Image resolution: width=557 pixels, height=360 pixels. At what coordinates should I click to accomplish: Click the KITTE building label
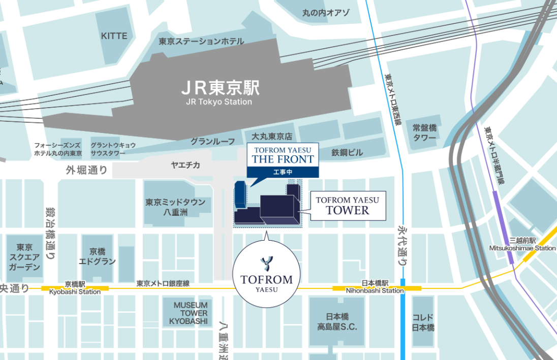coord(114,36)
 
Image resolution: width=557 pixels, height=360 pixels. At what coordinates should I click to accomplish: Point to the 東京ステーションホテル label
coord(201,42)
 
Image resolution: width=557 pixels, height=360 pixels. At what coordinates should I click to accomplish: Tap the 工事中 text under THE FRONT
coord(283,171)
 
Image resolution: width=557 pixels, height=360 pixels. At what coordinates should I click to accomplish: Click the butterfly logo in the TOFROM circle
coord(266,263)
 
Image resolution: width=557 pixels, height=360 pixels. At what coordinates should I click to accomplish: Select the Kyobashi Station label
coord(75,292)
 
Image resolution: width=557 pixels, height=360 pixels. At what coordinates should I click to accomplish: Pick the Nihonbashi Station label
coord(375,290)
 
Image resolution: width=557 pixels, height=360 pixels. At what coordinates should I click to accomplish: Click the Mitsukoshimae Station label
coord(522,248)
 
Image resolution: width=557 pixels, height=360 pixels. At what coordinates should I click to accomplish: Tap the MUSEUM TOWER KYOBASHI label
coord(191,313)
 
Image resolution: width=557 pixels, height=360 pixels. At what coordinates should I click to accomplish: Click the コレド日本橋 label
coord(423,322)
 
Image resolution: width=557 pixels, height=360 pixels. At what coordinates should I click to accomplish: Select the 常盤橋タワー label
coord(424,133)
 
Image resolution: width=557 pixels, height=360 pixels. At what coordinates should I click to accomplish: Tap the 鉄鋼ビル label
coord(348,152)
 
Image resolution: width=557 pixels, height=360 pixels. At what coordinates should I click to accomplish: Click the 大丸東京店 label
coord(272,137)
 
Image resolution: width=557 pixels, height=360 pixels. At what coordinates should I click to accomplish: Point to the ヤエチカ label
coord(185,165)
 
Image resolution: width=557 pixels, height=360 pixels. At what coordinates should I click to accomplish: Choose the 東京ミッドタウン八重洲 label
coord(175,207)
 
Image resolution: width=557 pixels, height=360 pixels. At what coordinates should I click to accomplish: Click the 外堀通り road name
coord(86,170)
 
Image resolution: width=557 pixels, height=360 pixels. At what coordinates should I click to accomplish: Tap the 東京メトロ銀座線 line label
coord(163,283)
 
